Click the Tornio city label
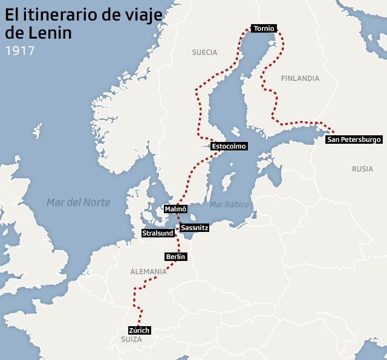click(264, 28)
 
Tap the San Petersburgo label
click(354, 140)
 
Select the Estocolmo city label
click(229, 146)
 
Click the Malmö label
click(175, 209)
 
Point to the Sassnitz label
click(195, 228)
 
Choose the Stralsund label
click(157, 233)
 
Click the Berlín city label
click(175, 257)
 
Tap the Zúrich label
click(138, 330)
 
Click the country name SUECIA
click(204, 53)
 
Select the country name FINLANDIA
click(300, 79)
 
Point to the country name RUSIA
click(362, 169)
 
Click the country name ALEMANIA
click(148, 272)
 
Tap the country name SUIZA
click(131, 340)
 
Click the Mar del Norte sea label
click(79, 202)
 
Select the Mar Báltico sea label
click(229, 205)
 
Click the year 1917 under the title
click(19, 50)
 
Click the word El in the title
click(12, 15)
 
